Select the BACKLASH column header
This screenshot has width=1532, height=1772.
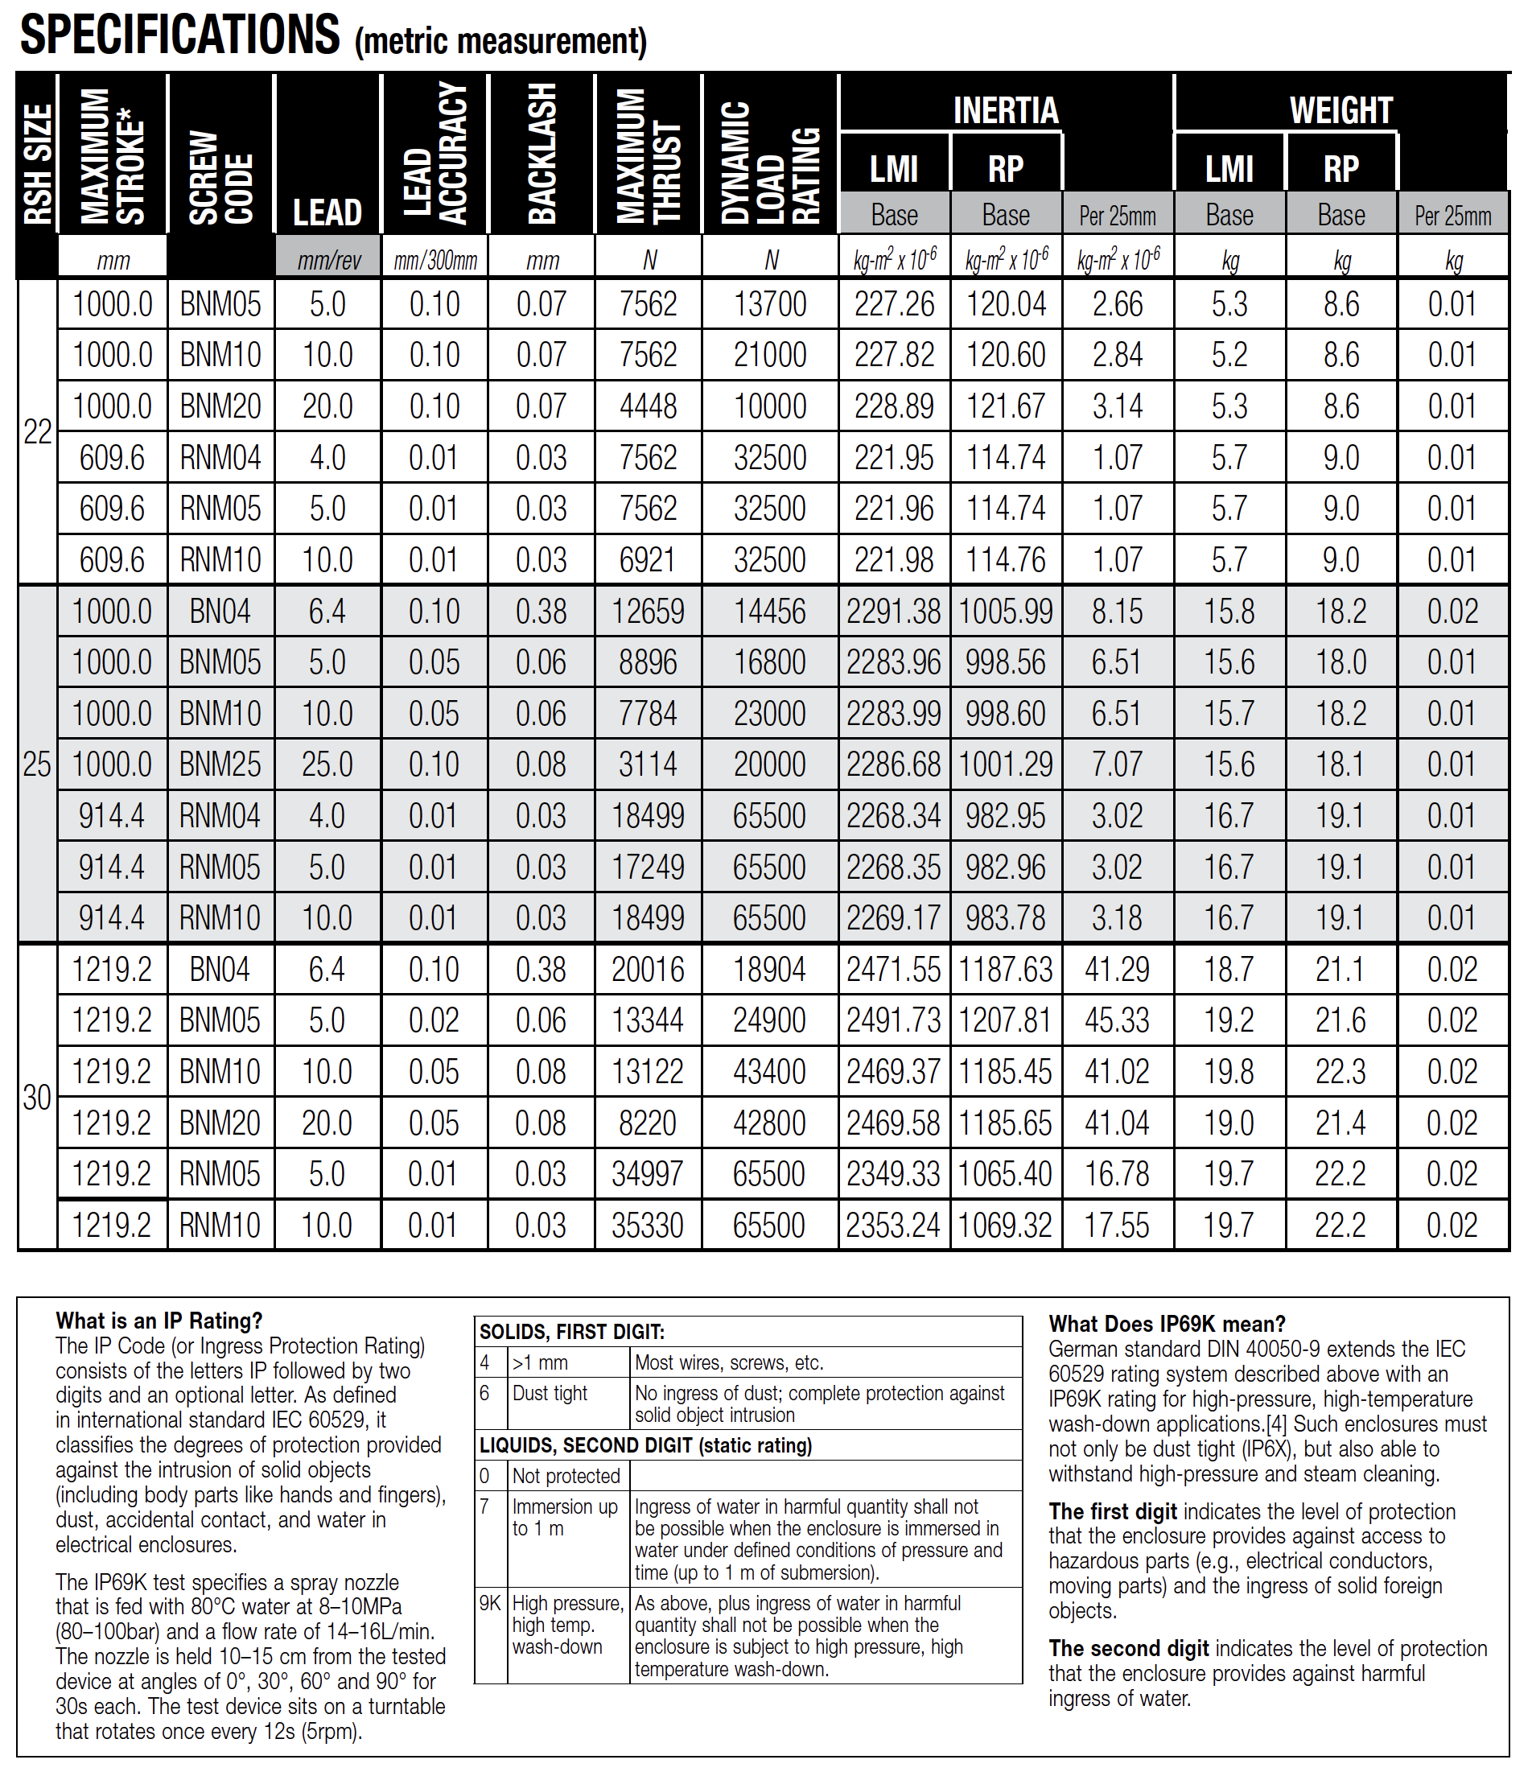[542, 154]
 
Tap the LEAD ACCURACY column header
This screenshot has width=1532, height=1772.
[435, 154]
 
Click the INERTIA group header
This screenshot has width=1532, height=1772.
[1006, 109]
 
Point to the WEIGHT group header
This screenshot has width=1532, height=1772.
[1340, 109]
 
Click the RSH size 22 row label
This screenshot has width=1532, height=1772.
[38, 432]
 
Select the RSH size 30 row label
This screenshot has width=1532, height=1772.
[38, 1097]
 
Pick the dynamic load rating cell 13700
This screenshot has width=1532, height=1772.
[769, 304]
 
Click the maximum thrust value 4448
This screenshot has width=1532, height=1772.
[648, 406]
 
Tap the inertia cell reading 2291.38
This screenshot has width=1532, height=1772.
[893, 612]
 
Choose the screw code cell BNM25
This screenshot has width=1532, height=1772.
[220, 764]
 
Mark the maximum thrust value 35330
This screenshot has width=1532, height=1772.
[647, 1226]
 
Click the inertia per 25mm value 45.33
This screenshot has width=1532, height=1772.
[1117, 1020]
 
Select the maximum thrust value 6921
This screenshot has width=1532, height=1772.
[647, 560]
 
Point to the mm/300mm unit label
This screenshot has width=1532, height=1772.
[435, 260]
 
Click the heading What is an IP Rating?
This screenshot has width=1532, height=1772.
[159, 1321]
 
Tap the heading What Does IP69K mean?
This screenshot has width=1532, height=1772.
[1167, 1325]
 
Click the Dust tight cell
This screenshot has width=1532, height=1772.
[550, 1393]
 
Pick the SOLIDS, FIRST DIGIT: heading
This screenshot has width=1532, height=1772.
[572, 1332]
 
